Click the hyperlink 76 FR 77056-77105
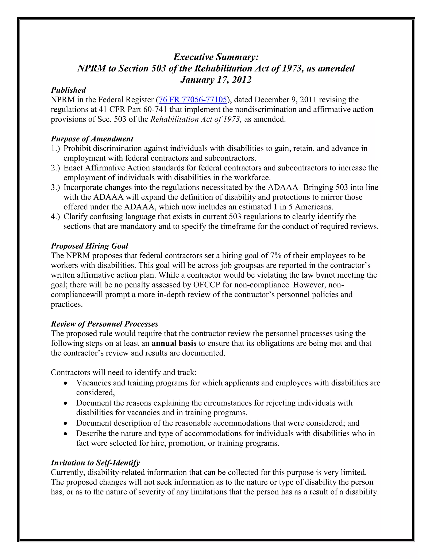point(193,100)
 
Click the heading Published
point(68,90)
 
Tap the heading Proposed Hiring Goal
point(89,246)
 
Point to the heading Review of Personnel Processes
point(104,324)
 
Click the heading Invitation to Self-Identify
point(95,463)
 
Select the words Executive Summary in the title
point(216,57)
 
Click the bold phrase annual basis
point(174,343)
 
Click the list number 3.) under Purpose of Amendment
point(55,187)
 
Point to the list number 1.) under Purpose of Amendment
point(55,149)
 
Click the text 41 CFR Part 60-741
point(133,109)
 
